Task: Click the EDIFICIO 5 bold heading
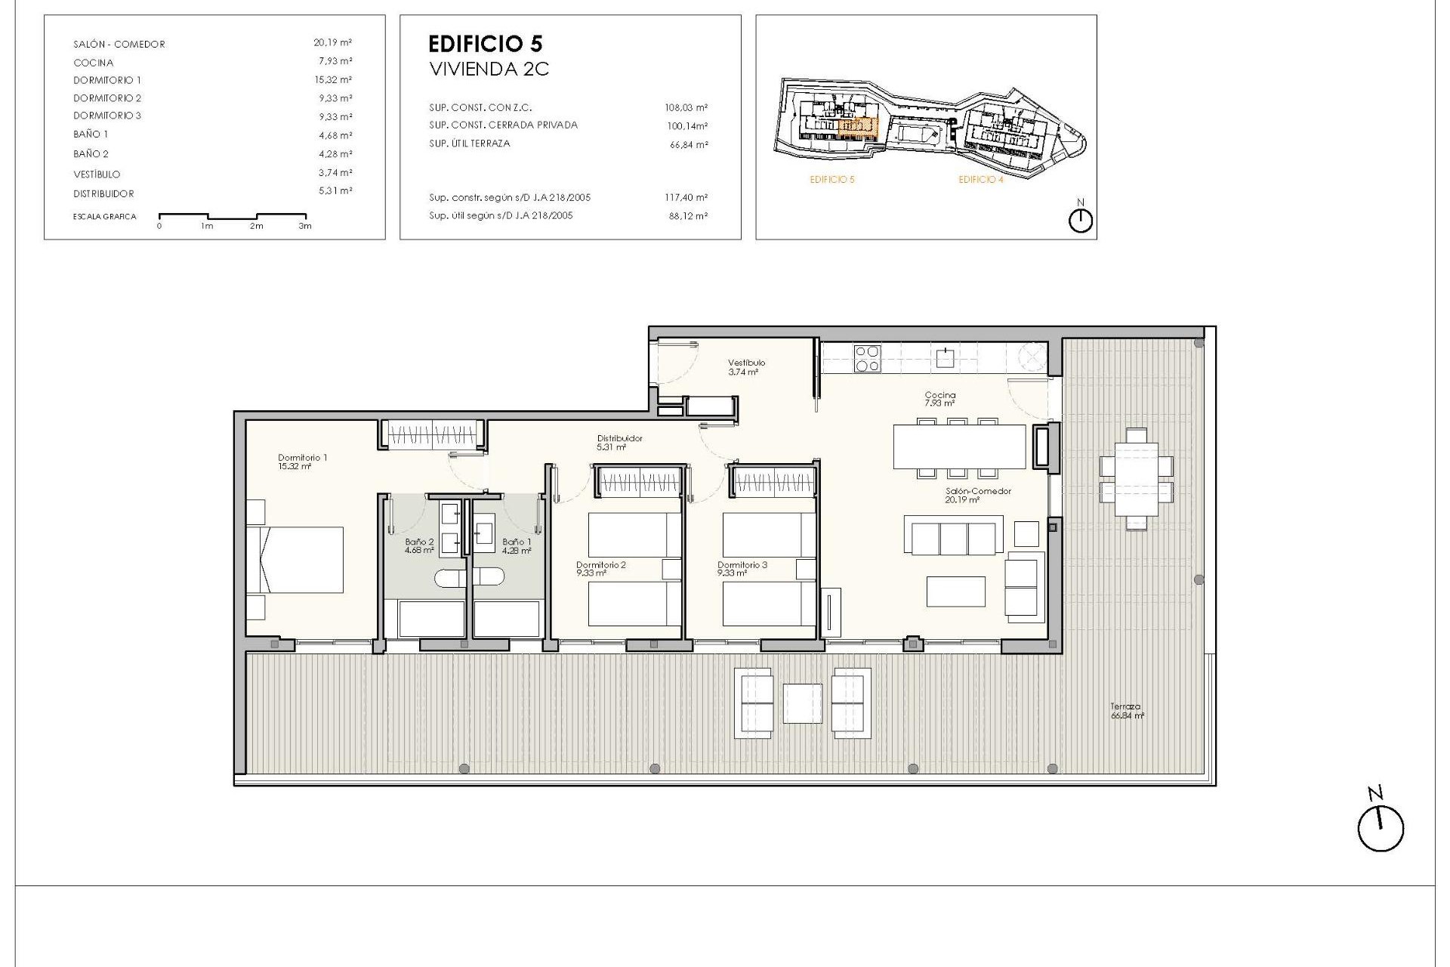tap(485, 44)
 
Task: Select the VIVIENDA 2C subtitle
tap(489, 70)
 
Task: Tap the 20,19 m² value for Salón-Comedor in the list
tap(333, 43)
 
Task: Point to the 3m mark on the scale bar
tap(304, 226)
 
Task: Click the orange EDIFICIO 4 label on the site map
tap(980, 180)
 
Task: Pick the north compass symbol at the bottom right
tap(1380, 829)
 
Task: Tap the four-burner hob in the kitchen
tap(867, 359)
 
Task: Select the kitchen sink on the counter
tap(945, 358)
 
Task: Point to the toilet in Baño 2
tap(449, 579)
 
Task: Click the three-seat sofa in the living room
tap(954, 536)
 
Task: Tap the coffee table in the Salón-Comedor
tap(955, 592)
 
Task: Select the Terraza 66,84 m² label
tap(1126, 711)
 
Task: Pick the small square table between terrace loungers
tap(802, 703)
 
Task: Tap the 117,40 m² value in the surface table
tap(686, 198)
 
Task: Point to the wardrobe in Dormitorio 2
tap(639, 482)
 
